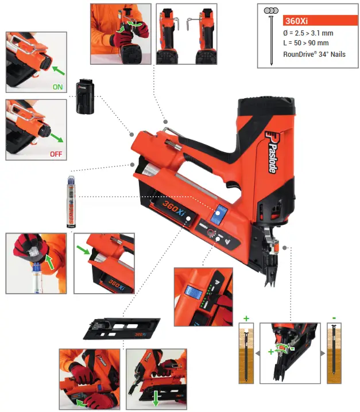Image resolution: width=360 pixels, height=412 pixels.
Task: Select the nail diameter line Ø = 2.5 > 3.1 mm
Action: click(x=308, y=33)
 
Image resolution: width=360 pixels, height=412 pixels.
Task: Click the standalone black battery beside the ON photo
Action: click(x=86, y=97)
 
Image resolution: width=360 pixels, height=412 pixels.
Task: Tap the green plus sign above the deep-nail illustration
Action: click(x=246, y=317)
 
